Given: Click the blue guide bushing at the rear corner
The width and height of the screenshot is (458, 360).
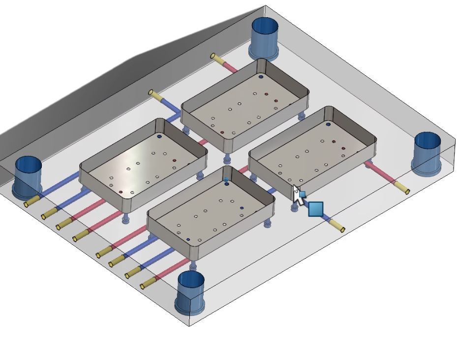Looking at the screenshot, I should (265, 37).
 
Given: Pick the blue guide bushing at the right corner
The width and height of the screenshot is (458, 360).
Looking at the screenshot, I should (427, 153).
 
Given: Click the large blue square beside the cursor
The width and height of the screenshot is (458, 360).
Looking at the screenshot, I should (315, 209).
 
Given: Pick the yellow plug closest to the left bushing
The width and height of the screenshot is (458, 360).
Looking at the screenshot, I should (31, 200).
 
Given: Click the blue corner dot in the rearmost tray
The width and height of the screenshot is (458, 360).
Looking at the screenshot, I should (261, 77).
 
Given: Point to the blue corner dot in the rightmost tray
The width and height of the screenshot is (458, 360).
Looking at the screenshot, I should (328, 125).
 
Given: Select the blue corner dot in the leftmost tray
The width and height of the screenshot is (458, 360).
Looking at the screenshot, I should (159, 136).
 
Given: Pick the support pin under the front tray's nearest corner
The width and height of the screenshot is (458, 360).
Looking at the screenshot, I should (193, 266).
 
